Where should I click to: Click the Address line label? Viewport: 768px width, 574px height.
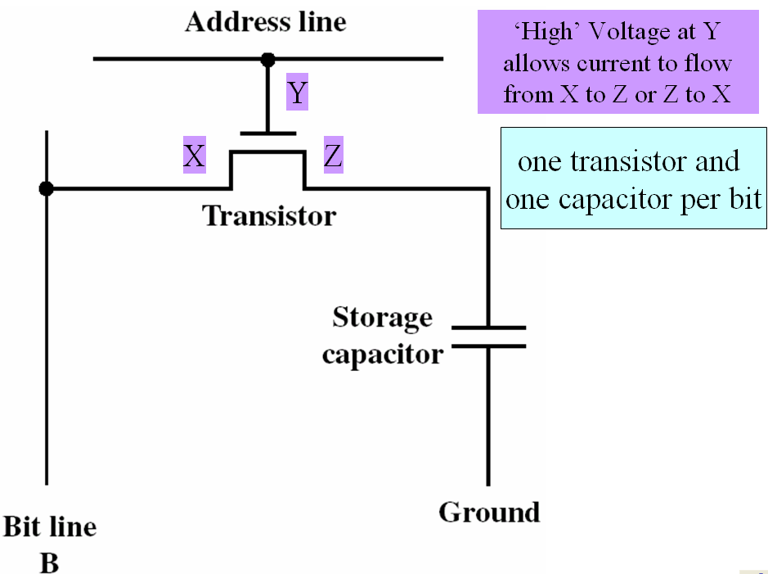(x=265, y=21)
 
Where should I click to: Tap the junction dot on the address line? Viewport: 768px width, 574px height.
(x=267, y=59)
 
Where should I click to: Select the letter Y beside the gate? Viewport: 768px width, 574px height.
(x=297, y=93)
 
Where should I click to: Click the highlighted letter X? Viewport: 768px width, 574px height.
(x=194, y=156)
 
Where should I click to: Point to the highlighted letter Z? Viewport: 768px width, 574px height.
(x=333, y=156)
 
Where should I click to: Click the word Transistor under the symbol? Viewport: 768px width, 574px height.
(x=269, y=215)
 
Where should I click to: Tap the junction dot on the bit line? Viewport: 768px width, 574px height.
(x=47, y=189)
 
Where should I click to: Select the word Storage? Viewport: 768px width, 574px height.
(x=382, y=317)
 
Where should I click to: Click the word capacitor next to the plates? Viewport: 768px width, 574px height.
(x=382, y=354)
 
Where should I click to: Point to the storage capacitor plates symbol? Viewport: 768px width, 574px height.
(x=488, y=337)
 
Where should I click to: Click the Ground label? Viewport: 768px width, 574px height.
(x=489, y=512)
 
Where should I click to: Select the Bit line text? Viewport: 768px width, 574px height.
(x=50, y=527)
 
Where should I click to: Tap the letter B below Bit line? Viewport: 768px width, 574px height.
(x=49, y=563)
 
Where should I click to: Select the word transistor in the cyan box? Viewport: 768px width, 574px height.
(x=629, y=161)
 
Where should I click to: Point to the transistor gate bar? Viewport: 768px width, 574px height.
(x=267, y=133)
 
